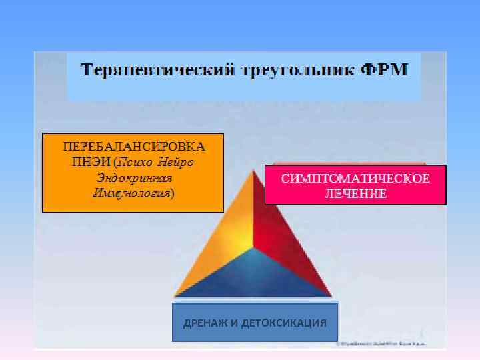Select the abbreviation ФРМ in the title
[385, 69]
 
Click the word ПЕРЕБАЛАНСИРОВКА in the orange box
[133, 145]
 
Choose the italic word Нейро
[182, 161]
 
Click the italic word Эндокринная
[133, 177]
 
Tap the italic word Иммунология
[131, 193]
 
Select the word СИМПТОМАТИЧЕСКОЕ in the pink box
[355, 178]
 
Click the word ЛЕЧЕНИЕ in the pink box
[355, 193]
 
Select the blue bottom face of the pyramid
[253, 277]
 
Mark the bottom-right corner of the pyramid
[331, 296]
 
